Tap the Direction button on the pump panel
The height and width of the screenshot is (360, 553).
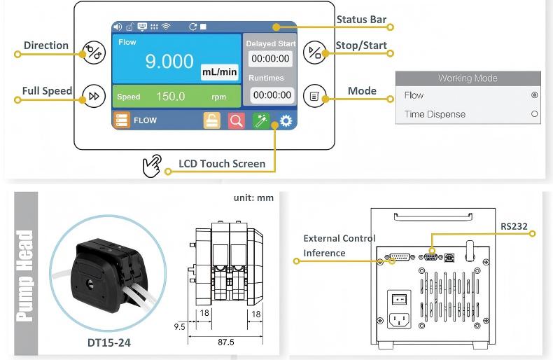click(x=94, y=53)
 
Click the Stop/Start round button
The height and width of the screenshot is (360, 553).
click(x=314, y=53)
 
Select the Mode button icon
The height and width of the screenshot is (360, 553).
click(x=314, y=96)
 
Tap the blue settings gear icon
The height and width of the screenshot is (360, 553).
click(x=286, y=120)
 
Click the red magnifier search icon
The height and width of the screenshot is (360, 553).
click(x=237, y=120)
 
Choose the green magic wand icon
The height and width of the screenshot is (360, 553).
click(x=261, y=120)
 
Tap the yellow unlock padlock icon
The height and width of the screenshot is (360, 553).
click(x=212, y=120)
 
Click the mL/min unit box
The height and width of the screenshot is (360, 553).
click(x=219, y=72)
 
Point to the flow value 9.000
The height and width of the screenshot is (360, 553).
click(x=169, y=61)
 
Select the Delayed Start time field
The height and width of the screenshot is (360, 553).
click(x=270, y=59)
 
